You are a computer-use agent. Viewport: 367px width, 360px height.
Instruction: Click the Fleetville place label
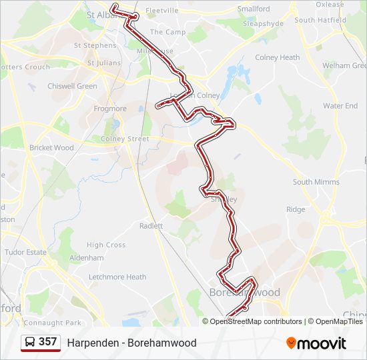coord(161,11)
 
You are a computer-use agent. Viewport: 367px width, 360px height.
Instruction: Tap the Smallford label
coord(254,9)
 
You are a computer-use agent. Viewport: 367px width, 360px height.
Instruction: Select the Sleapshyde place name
coord(263,23)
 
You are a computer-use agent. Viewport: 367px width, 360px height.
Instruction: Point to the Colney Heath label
coord(277,57)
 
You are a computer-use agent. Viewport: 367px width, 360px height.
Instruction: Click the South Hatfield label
coord(320,20)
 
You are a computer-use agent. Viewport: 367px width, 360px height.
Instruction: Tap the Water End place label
coord(340,106)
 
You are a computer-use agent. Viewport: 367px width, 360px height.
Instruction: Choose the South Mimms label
coord(316,182)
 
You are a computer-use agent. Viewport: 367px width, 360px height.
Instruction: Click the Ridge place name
coord(296,209)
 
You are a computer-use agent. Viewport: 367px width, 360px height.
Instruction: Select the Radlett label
coord(151,226)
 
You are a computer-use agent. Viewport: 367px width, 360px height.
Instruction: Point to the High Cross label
coord(106,245)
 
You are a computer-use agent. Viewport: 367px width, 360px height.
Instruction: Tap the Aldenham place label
coord(87,258)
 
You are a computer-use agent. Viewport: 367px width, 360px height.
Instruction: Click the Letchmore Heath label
coord(117,277)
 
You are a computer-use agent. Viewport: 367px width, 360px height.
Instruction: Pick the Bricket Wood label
coord(51,147)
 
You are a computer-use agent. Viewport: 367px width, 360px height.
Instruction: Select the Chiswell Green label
coord(72,86)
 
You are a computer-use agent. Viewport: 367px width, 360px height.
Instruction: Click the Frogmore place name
coord(110,109)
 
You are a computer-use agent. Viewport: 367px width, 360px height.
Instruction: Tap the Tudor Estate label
coord(26,252)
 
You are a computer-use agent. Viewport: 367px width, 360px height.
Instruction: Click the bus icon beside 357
coord(31,342)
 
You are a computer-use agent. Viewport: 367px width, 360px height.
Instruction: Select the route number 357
coord(47,342)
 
